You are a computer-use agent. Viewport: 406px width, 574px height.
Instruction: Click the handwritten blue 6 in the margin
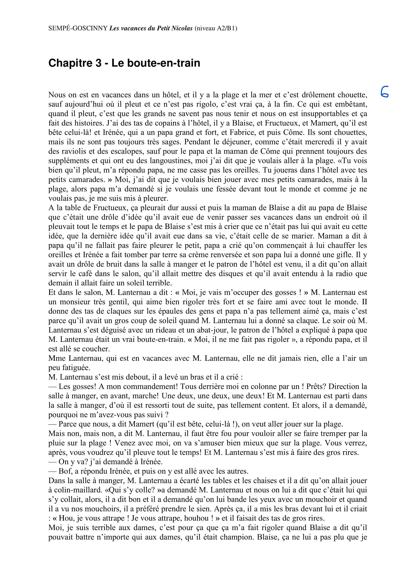point(384,92)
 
